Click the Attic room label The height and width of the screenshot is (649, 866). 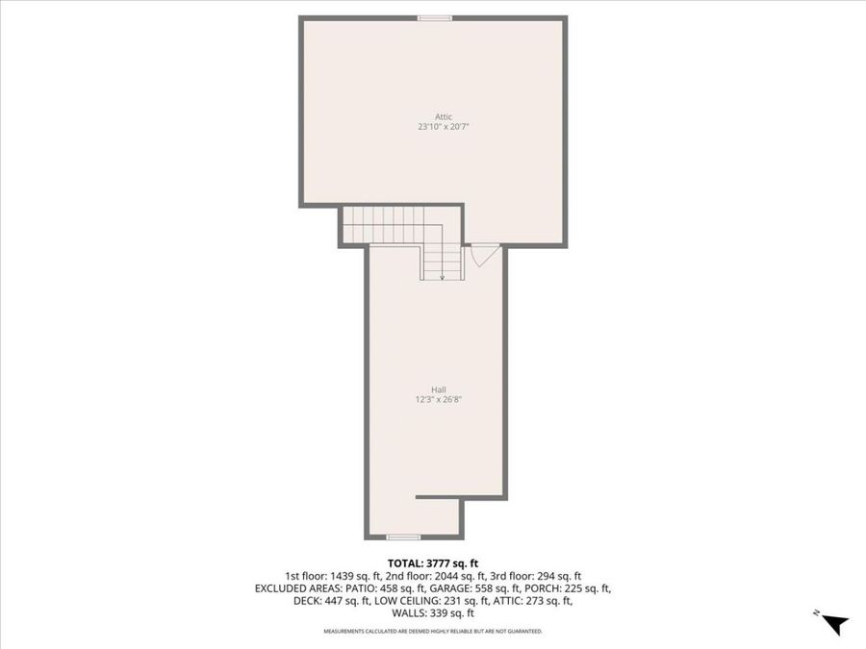pyautogui.click(x=443, y=116)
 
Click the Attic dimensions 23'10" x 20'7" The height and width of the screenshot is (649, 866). pyautogui.click(x=443, y=126)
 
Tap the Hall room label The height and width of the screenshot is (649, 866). pyautogui.click(x=439, y=389)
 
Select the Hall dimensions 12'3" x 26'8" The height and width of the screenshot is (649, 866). pyautogui.click(x=439, y=400)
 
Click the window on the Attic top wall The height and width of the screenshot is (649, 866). pyautogui.click(x=435, y=18)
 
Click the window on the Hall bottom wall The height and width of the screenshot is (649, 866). pyautogui.click(x=403, y=537)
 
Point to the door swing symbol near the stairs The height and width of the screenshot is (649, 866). pyautogui.click(x=483, y=256)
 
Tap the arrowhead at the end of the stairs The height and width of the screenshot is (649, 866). pyautogui.click(x=442, y=277)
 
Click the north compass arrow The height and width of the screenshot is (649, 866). pyautogui.click(x=834, y=624)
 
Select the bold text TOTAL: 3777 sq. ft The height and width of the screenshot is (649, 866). pyautogui.click(x=432, y=563)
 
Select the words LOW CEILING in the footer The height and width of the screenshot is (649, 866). pyautogui.click(x=405, y=601)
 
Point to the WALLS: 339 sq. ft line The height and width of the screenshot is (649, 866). pyautogui.click(x=433, y=613)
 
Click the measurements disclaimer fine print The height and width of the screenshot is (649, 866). pyautogui.click(x=433, y=631)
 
